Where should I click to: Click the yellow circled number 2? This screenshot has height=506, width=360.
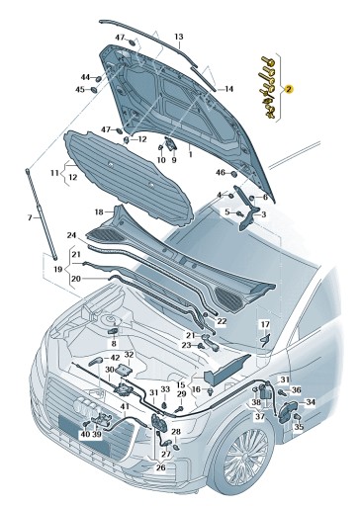pos(288,88)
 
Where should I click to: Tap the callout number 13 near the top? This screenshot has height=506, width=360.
pos(179,37)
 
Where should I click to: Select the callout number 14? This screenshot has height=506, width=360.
pos(228,89)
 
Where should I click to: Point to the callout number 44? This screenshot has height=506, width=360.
pos(85,77)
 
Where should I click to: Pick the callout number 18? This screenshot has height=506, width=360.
pos(99,211)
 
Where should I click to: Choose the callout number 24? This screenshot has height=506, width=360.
pos(71,235)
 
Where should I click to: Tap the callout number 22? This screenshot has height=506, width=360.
pos(222,321)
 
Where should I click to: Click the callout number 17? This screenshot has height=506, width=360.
pos(264,324)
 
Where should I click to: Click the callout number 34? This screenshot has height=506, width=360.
pos(310,402)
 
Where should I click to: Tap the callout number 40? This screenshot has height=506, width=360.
pos(84,434)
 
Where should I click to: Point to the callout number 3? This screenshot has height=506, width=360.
pos(262,213)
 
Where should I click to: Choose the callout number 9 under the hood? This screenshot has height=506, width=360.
pos(174,159)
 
